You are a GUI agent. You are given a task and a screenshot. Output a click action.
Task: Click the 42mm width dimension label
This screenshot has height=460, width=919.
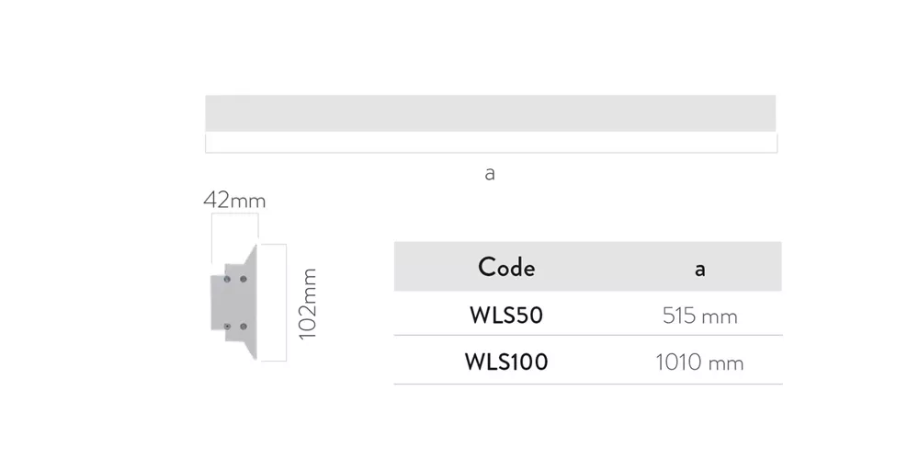pos(234,201)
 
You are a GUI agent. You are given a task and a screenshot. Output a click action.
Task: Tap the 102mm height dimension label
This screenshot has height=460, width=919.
pos(307,304)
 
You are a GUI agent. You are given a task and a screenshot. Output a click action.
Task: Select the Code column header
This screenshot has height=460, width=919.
pos(506,268)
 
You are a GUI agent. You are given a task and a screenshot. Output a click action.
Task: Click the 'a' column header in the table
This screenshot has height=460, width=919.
pos(699,270)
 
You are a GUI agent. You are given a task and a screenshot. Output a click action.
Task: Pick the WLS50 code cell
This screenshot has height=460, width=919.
pos(506,316)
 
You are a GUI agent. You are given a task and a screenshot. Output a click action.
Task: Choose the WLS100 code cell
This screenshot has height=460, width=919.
pos(506,362)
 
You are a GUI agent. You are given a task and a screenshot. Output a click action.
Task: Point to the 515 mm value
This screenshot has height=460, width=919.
pos(699,316)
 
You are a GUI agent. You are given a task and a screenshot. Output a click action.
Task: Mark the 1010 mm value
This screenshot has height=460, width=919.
pos(699,362)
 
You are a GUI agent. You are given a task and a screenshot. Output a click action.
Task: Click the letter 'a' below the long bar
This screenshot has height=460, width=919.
pos(490,174)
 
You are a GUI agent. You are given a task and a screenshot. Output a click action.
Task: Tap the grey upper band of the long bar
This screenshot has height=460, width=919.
pos(490,113)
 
